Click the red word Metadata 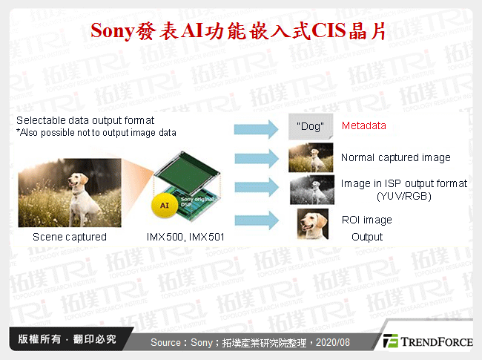363,125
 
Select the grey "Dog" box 309,127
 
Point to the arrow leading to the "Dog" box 257,129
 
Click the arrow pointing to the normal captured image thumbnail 257,158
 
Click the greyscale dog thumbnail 309,189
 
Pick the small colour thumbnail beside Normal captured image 309,158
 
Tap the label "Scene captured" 70,237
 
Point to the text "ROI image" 366,220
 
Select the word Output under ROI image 367,237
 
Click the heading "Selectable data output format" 85,120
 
